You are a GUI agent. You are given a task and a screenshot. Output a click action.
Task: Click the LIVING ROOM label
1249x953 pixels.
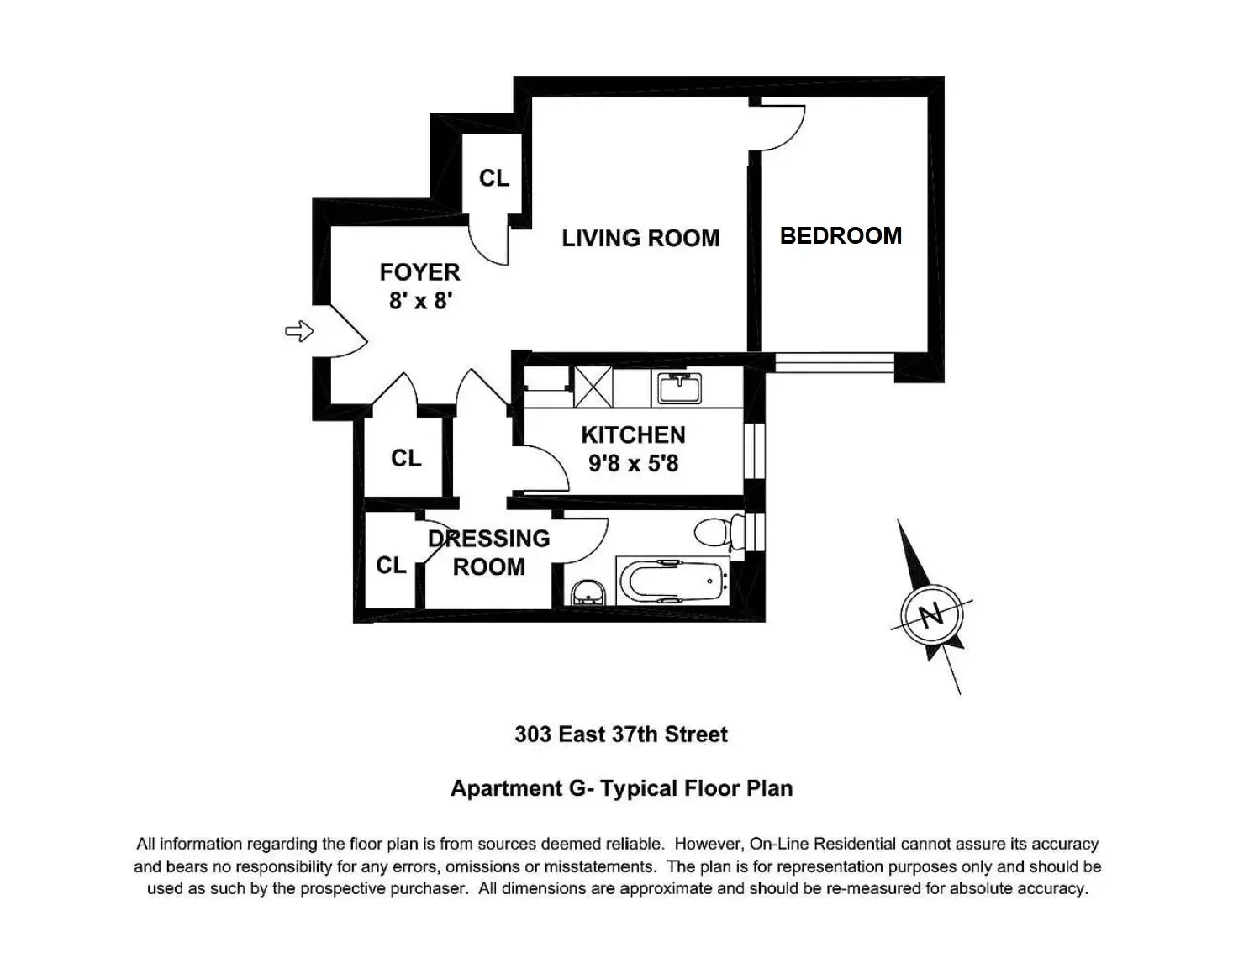coord(640,239)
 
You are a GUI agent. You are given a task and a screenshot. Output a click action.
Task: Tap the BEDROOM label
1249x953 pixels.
coord(841,235)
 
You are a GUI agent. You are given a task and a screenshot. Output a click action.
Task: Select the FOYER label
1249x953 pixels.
coord(419,272)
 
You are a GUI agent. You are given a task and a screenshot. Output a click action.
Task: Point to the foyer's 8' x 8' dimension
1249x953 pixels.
coord(420,300)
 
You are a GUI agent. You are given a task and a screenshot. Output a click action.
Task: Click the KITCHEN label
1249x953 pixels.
coord(633,435)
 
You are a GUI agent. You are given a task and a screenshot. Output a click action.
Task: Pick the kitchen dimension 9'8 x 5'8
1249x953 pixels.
coord(633,463)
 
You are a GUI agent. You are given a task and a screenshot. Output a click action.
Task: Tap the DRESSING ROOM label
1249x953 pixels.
coord(489,552)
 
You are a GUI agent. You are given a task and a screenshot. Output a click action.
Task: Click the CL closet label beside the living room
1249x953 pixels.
coord(494,178)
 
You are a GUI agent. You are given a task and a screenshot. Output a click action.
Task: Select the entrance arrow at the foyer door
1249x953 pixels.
coord(299,332)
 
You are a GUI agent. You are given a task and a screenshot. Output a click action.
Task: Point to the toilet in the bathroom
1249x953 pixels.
coord(718,532)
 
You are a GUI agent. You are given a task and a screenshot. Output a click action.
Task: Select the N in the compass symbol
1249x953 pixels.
coord(930,616)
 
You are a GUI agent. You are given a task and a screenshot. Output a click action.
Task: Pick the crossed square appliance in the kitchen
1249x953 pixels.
coord(593,387)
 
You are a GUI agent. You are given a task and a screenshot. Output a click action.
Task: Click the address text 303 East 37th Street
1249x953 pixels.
coord(621,734)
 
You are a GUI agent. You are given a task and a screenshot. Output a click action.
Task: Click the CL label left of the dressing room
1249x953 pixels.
coord(391,566)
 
